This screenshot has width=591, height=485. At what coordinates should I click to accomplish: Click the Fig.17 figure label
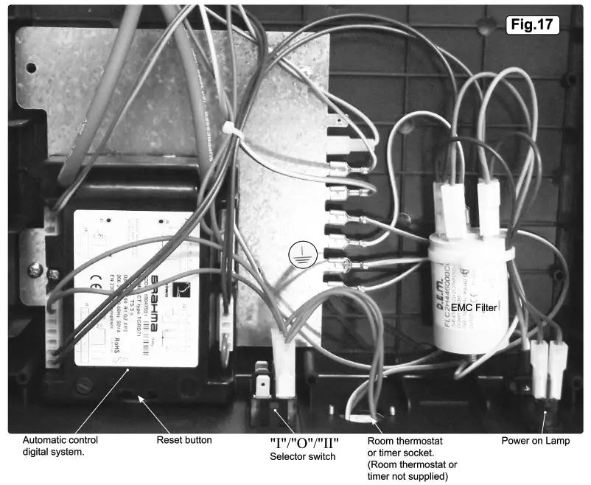pyautogui.click(x=534, y=24)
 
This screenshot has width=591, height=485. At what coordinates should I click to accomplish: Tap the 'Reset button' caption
pyautogui.click(x=184, y=440)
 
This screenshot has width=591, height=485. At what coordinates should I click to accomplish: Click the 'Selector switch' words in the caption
pyautogui.click(x=302, y=458)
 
